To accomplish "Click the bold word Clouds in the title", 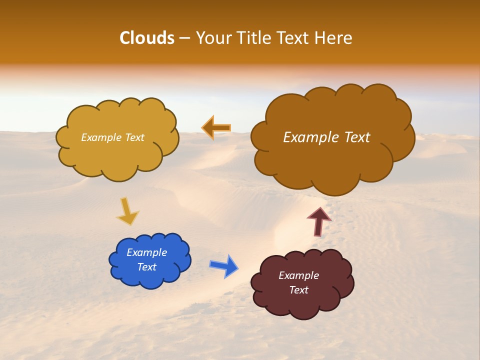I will tap(146, 38).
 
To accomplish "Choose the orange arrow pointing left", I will tap(216, 128).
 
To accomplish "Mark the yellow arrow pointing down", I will tap(127, 211).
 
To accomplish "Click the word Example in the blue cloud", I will tap(146, 252).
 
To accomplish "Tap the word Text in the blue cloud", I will tap(146, 267).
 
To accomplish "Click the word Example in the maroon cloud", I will tap(298, 275).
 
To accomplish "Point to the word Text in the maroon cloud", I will tap(298, 290).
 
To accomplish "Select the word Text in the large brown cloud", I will tap(353, 137).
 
